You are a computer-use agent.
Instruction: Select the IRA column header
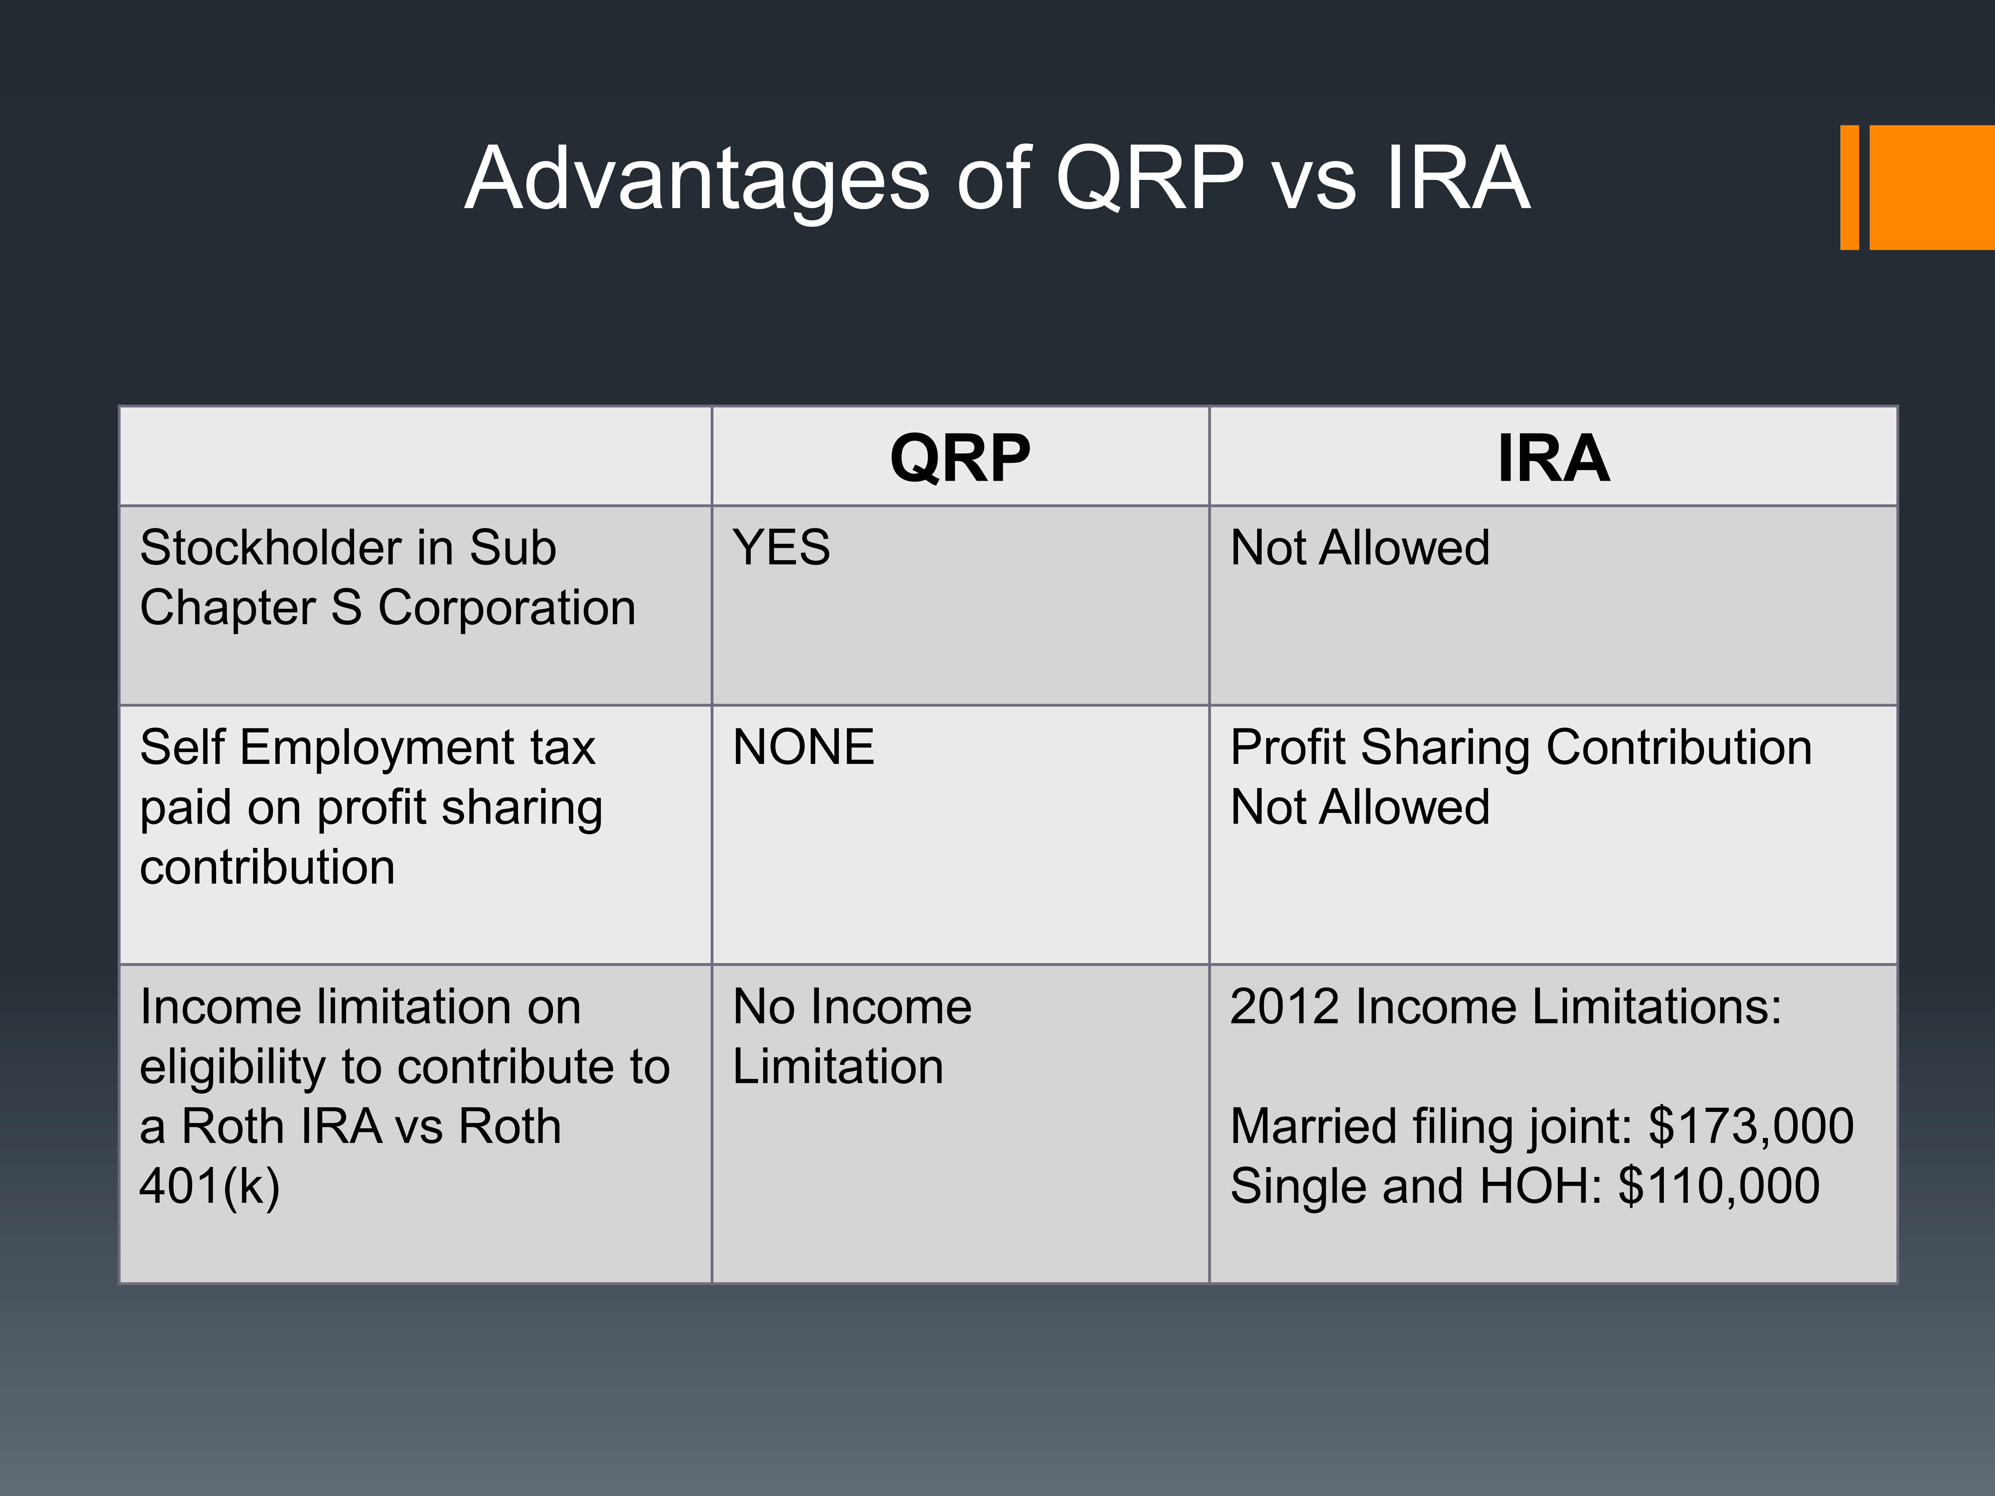point(1553,458)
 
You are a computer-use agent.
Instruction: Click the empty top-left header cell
point(416,456)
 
